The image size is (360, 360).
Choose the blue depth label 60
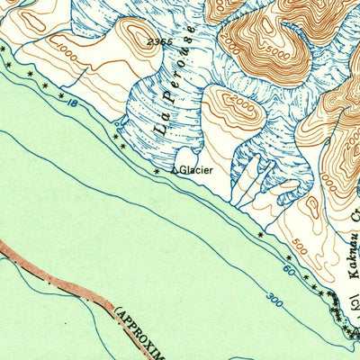[x=288, y=267]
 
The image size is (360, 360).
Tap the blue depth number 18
[x=68, y=105]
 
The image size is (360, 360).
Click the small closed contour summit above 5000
[x=286, y=18]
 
